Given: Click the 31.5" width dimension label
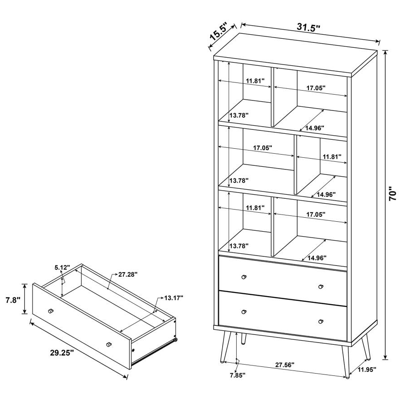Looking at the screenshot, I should pyautogui.click(x=308, y=27).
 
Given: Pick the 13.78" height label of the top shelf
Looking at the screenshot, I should pyautogui.click(x=239, y=115).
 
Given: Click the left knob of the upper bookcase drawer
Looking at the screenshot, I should pyautogui.click(x=245, y=277).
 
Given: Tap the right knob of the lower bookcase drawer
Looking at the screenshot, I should pyautogui.click(x=321, y=321).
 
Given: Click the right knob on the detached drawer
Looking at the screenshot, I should pyautogui.click(x=108, y=345).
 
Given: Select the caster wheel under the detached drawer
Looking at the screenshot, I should pyautogui.click(x=176, y=341).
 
